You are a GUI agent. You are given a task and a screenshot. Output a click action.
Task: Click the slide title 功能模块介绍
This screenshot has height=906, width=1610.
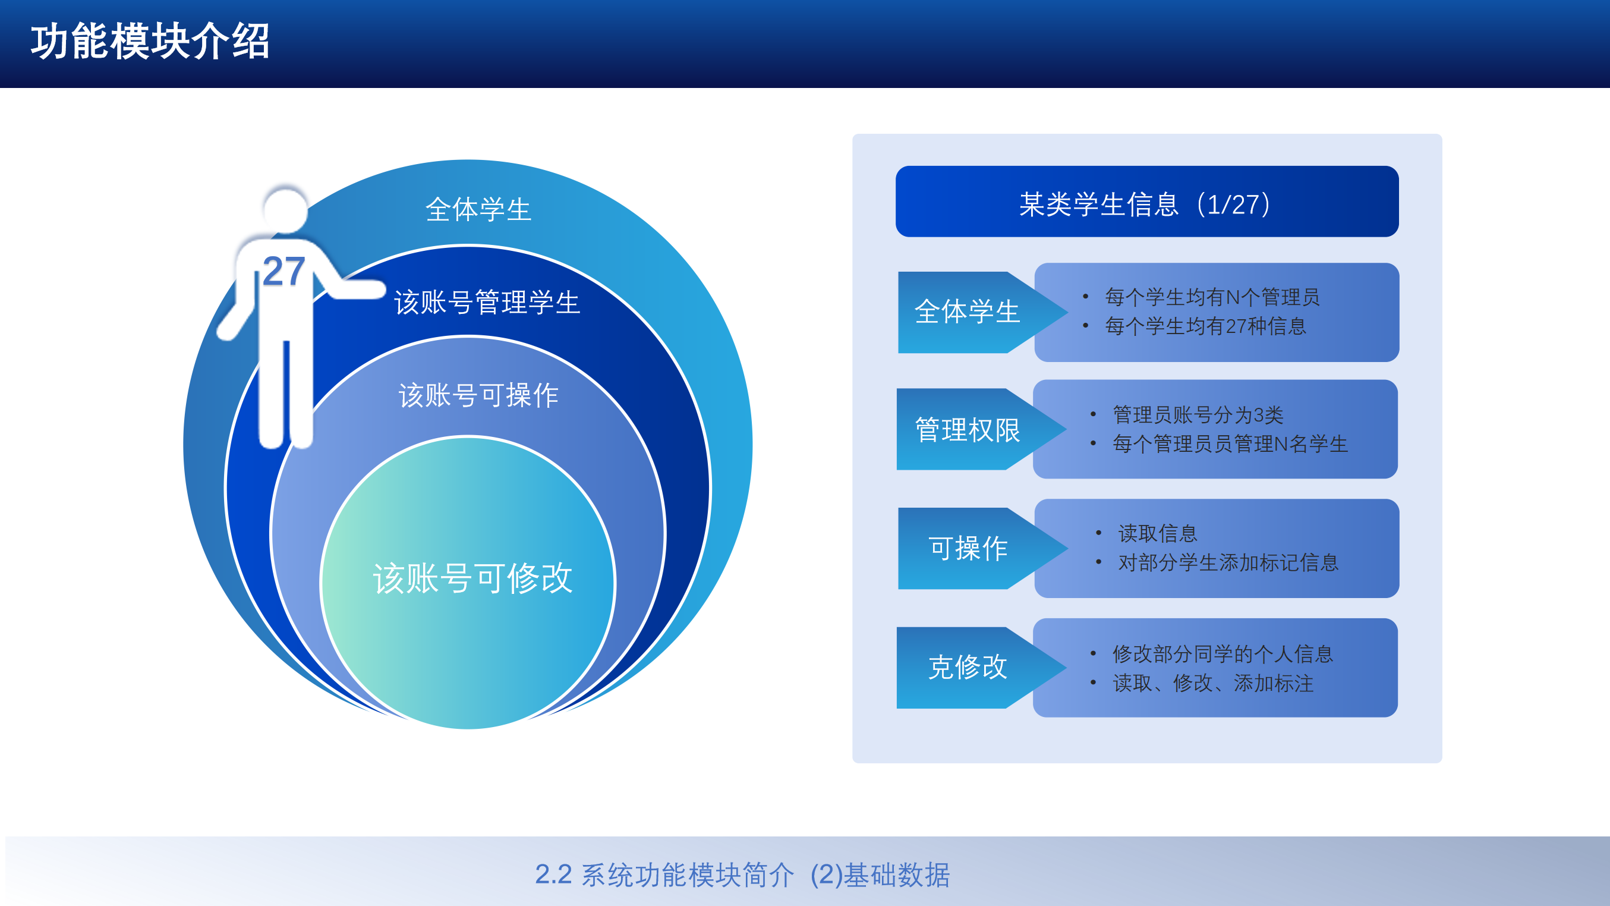pyautogui.click(x=150, y=42)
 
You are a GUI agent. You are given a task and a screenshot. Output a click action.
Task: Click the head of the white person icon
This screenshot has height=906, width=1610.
pyautogui.click(x=286, y=209)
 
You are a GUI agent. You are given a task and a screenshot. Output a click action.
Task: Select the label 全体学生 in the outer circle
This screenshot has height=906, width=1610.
pyautogui.click(x=478, y=209)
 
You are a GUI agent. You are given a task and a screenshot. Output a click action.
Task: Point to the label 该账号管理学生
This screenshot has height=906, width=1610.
pyautogui.click(x=487, y=303)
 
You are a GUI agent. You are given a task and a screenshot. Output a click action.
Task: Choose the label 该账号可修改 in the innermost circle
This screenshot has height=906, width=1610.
pyautogui.click(x=472, y=578)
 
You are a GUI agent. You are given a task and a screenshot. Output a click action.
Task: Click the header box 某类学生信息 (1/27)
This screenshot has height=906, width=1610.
pyautogui.click(x=1147, y=202)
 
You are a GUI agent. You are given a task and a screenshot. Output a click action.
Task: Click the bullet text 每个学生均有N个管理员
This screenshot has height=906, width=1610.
pyautogui.click(x=1212, y=297)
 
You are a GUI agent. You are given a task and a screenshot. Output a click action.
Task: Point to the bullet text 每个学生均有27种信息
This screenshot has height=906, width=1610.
pyautogui.click(x=1206, y=326)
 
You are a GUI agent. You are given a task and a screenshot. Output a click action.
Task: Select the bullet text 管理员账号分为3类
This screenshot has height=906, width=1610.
pyautogui.click(x=1198, y=414)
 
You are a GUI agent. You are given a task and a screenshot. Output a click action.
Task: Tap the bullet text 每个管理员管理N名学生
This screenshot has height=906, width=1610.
pyautogui.click(x=1230, y=444)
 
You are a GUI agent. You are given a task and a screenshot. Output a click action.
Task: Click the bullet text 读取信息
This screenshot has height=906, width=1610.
pyautogui.click(x=1158, y=533)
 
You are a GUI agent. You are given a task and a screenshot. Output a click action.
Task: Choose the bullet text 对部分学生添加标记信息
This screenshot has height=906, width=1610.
pyautogui.click(x=1228, y=563)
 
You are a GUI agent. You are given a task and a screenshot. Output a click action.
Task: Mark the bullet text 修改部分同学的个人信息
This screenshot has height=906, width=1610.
pyautogui.click(x=1223, y=654)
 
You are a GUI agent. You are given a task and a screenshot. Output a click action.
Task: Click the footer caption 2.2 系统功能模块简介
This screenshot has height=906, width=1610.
pyautogui.click(x=664, y=874)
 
